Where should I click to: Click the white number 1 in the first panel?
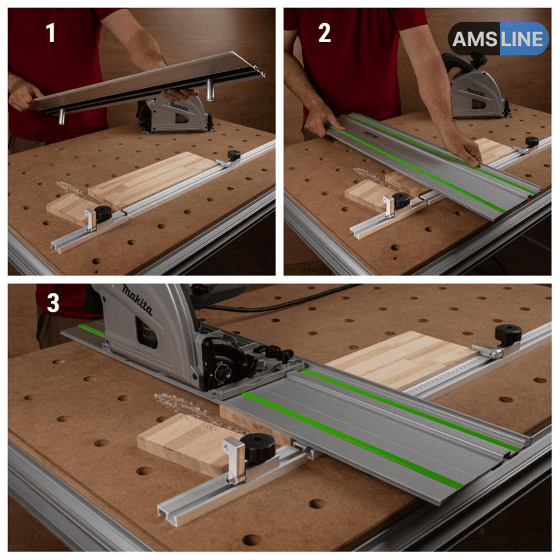(51, 33)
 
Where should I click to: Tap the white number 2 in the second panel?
(324, 33)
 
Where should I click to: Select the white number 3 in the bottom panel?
(53, 303)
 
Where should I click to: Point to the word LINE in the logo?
(521, 39)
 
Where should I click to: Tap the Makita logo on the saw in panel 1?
(179, 106)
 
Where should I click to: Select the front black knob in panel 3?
(257, 448)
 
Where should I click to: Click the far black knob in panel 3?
(508, 335)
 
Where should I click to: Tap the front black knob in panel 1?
(103, 213)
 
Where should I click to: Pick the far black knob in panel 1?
(235, 155)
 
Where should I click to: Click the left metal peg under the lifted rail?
(62, 117)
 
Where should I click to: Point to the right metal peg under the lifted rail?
(209, 90)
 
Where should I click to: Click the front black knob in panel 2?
(401, 200)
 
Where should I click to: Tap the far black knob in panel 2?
(532, 141)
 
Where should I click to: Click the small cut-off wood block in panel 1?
(69, 209)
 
